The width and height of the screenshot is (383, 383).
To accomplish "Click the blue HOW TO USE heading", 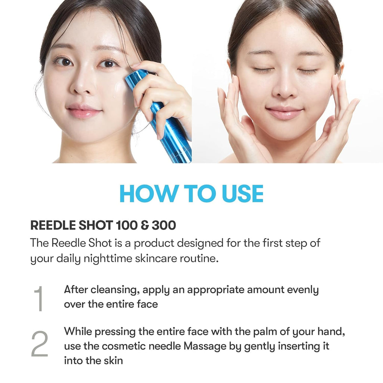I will tap(191, 193).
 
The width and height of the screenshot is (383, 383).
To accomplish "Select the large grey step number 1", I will tap(39, 299).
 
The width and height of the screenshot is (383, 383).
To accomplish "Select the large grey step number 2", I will tap(39, 344).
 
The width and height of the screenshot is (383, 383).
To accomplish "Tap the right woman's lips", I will tap(284, 112).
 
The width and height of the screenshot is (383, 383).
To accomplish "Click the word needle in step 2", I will tap(165, 346).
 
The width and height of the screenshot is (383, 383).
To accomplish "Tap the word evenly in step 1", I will tap(301, 290).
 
